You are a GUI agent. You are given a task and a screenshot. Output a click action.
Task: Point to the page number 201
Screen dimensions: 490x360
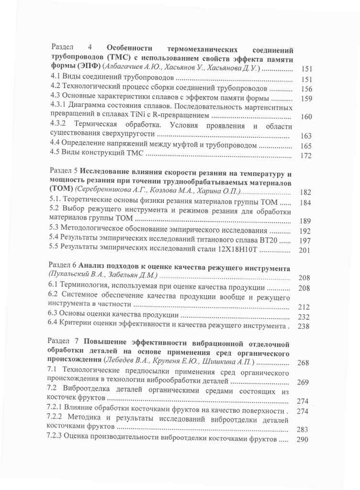point(305,250)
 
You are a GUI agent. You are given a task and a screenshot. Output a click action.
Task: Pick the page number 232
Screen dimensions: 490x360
point(304,316)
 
